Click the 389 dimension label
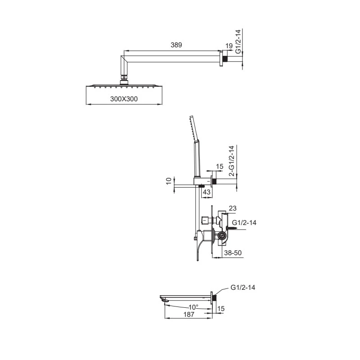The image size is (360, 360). coord(176,45)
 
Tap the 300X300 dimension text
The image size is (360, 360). coord(124,99)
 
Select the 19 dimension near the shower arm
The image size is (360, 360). coord(229,46)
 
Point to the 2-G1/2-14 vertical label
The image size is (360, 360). coord(232,161)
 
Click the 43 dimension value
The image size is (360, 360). coord(207,192)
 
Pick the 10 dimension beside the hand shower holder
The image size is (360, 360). coord(169,181)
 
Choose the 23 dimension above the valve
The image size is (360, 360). coord(232,208)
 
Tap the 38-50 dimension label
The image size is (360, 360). coord(233,253)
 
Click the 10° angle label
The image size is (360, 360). coord(193,307)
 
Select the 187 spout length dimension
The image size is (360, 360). coord(189,314)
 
